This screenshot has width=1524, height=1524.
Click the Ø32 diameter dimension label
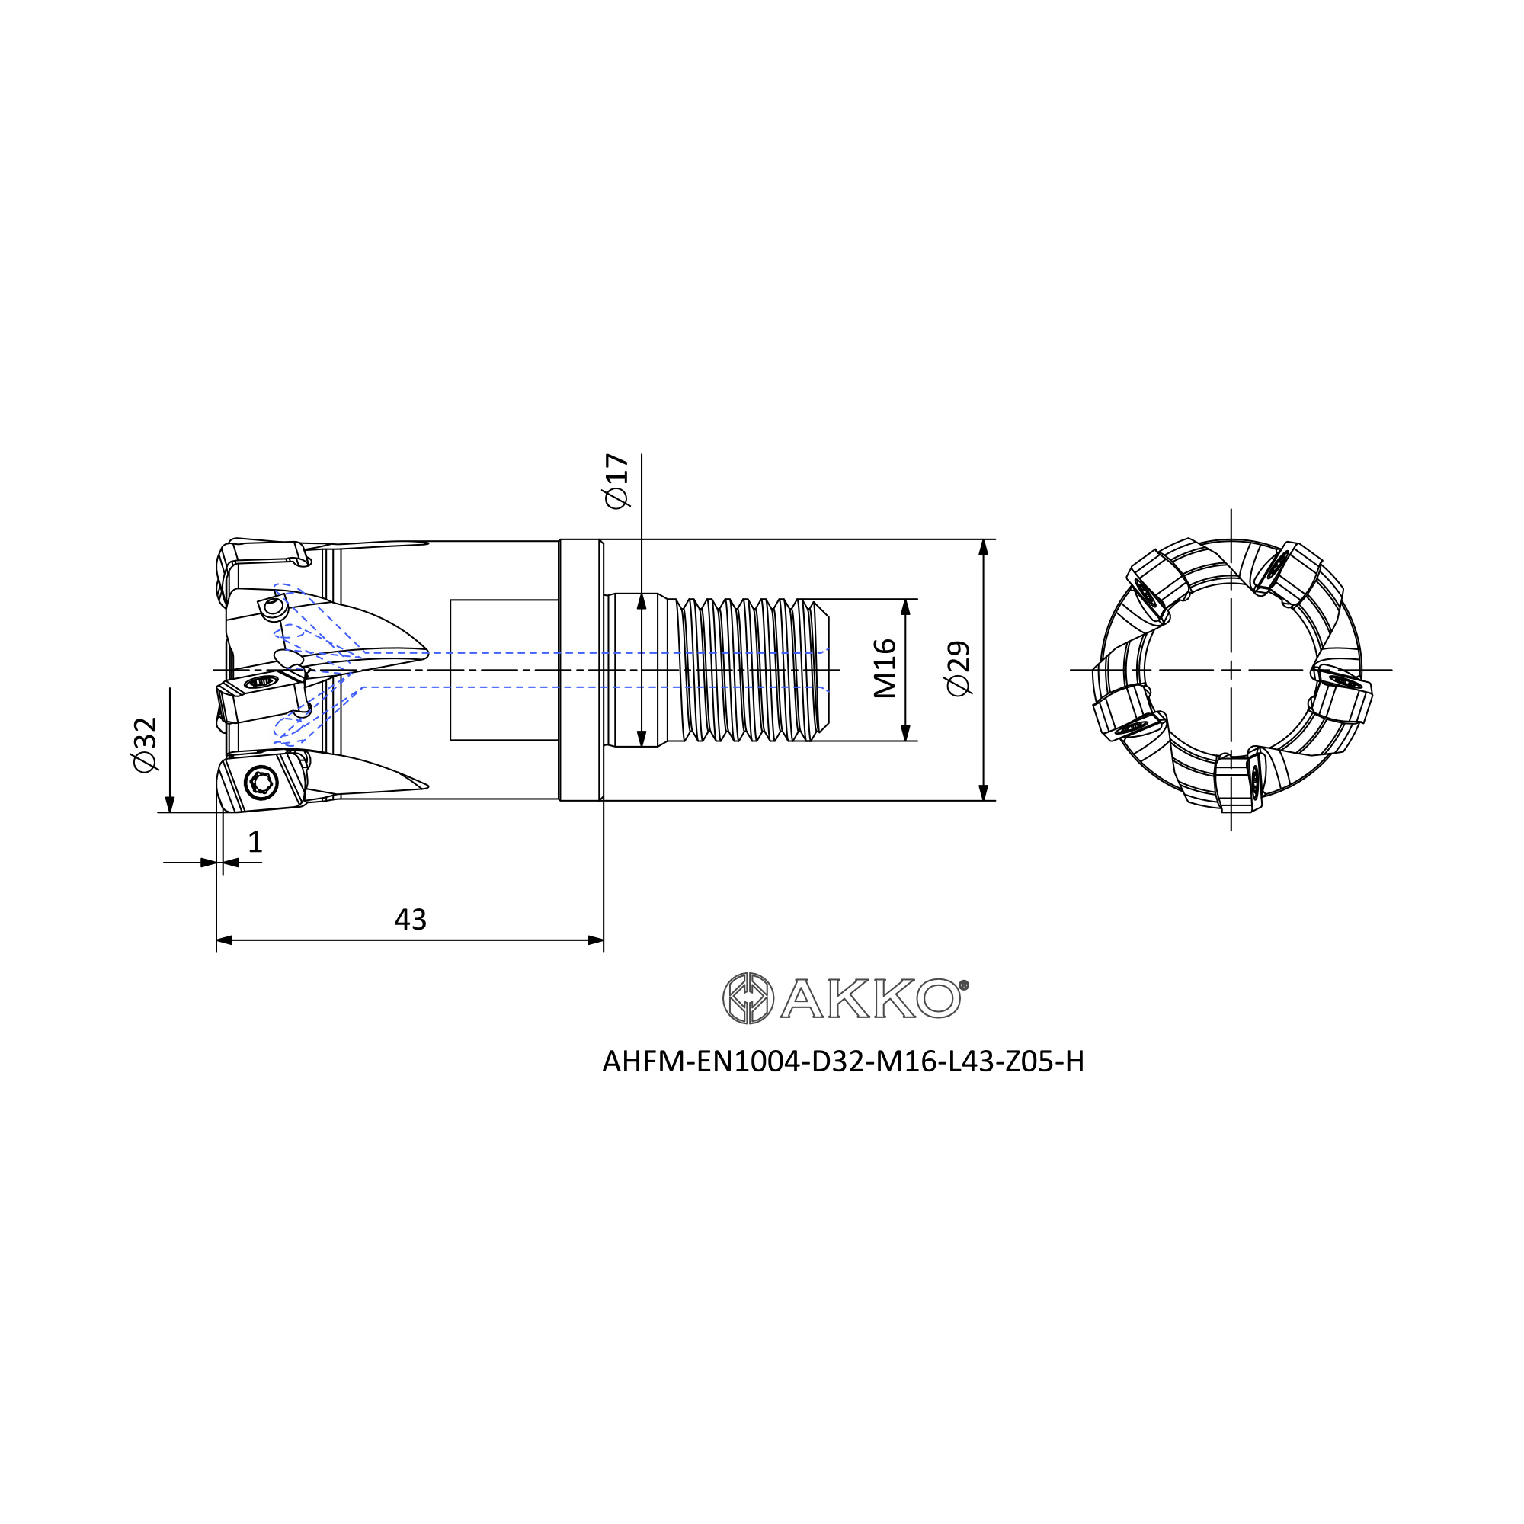pyautogui.click(x=146, y=744)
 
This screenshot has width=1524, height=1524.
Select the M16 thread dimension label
pyautogui.click(x=885, y=669)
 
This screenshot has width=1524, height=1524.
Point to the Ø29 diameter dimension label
pyautogui.click(x=959, y=669)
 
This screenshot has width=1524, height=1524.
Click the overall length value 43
pyautogui.click(x=410, y=920)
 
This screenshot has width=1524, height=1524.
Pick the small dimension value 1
pyautogui.click(x=255, y=843)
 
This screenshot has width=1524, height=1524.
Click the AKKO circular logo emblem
pyautogui.click(x=748, y=999)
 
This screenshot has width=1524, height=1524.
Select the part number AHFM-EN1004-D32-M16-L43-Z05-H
pyautogui.click(x=843, y=1061)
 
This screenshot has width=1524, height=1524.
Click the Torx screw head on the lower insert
pyautogui.click(x=261, y=783)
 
